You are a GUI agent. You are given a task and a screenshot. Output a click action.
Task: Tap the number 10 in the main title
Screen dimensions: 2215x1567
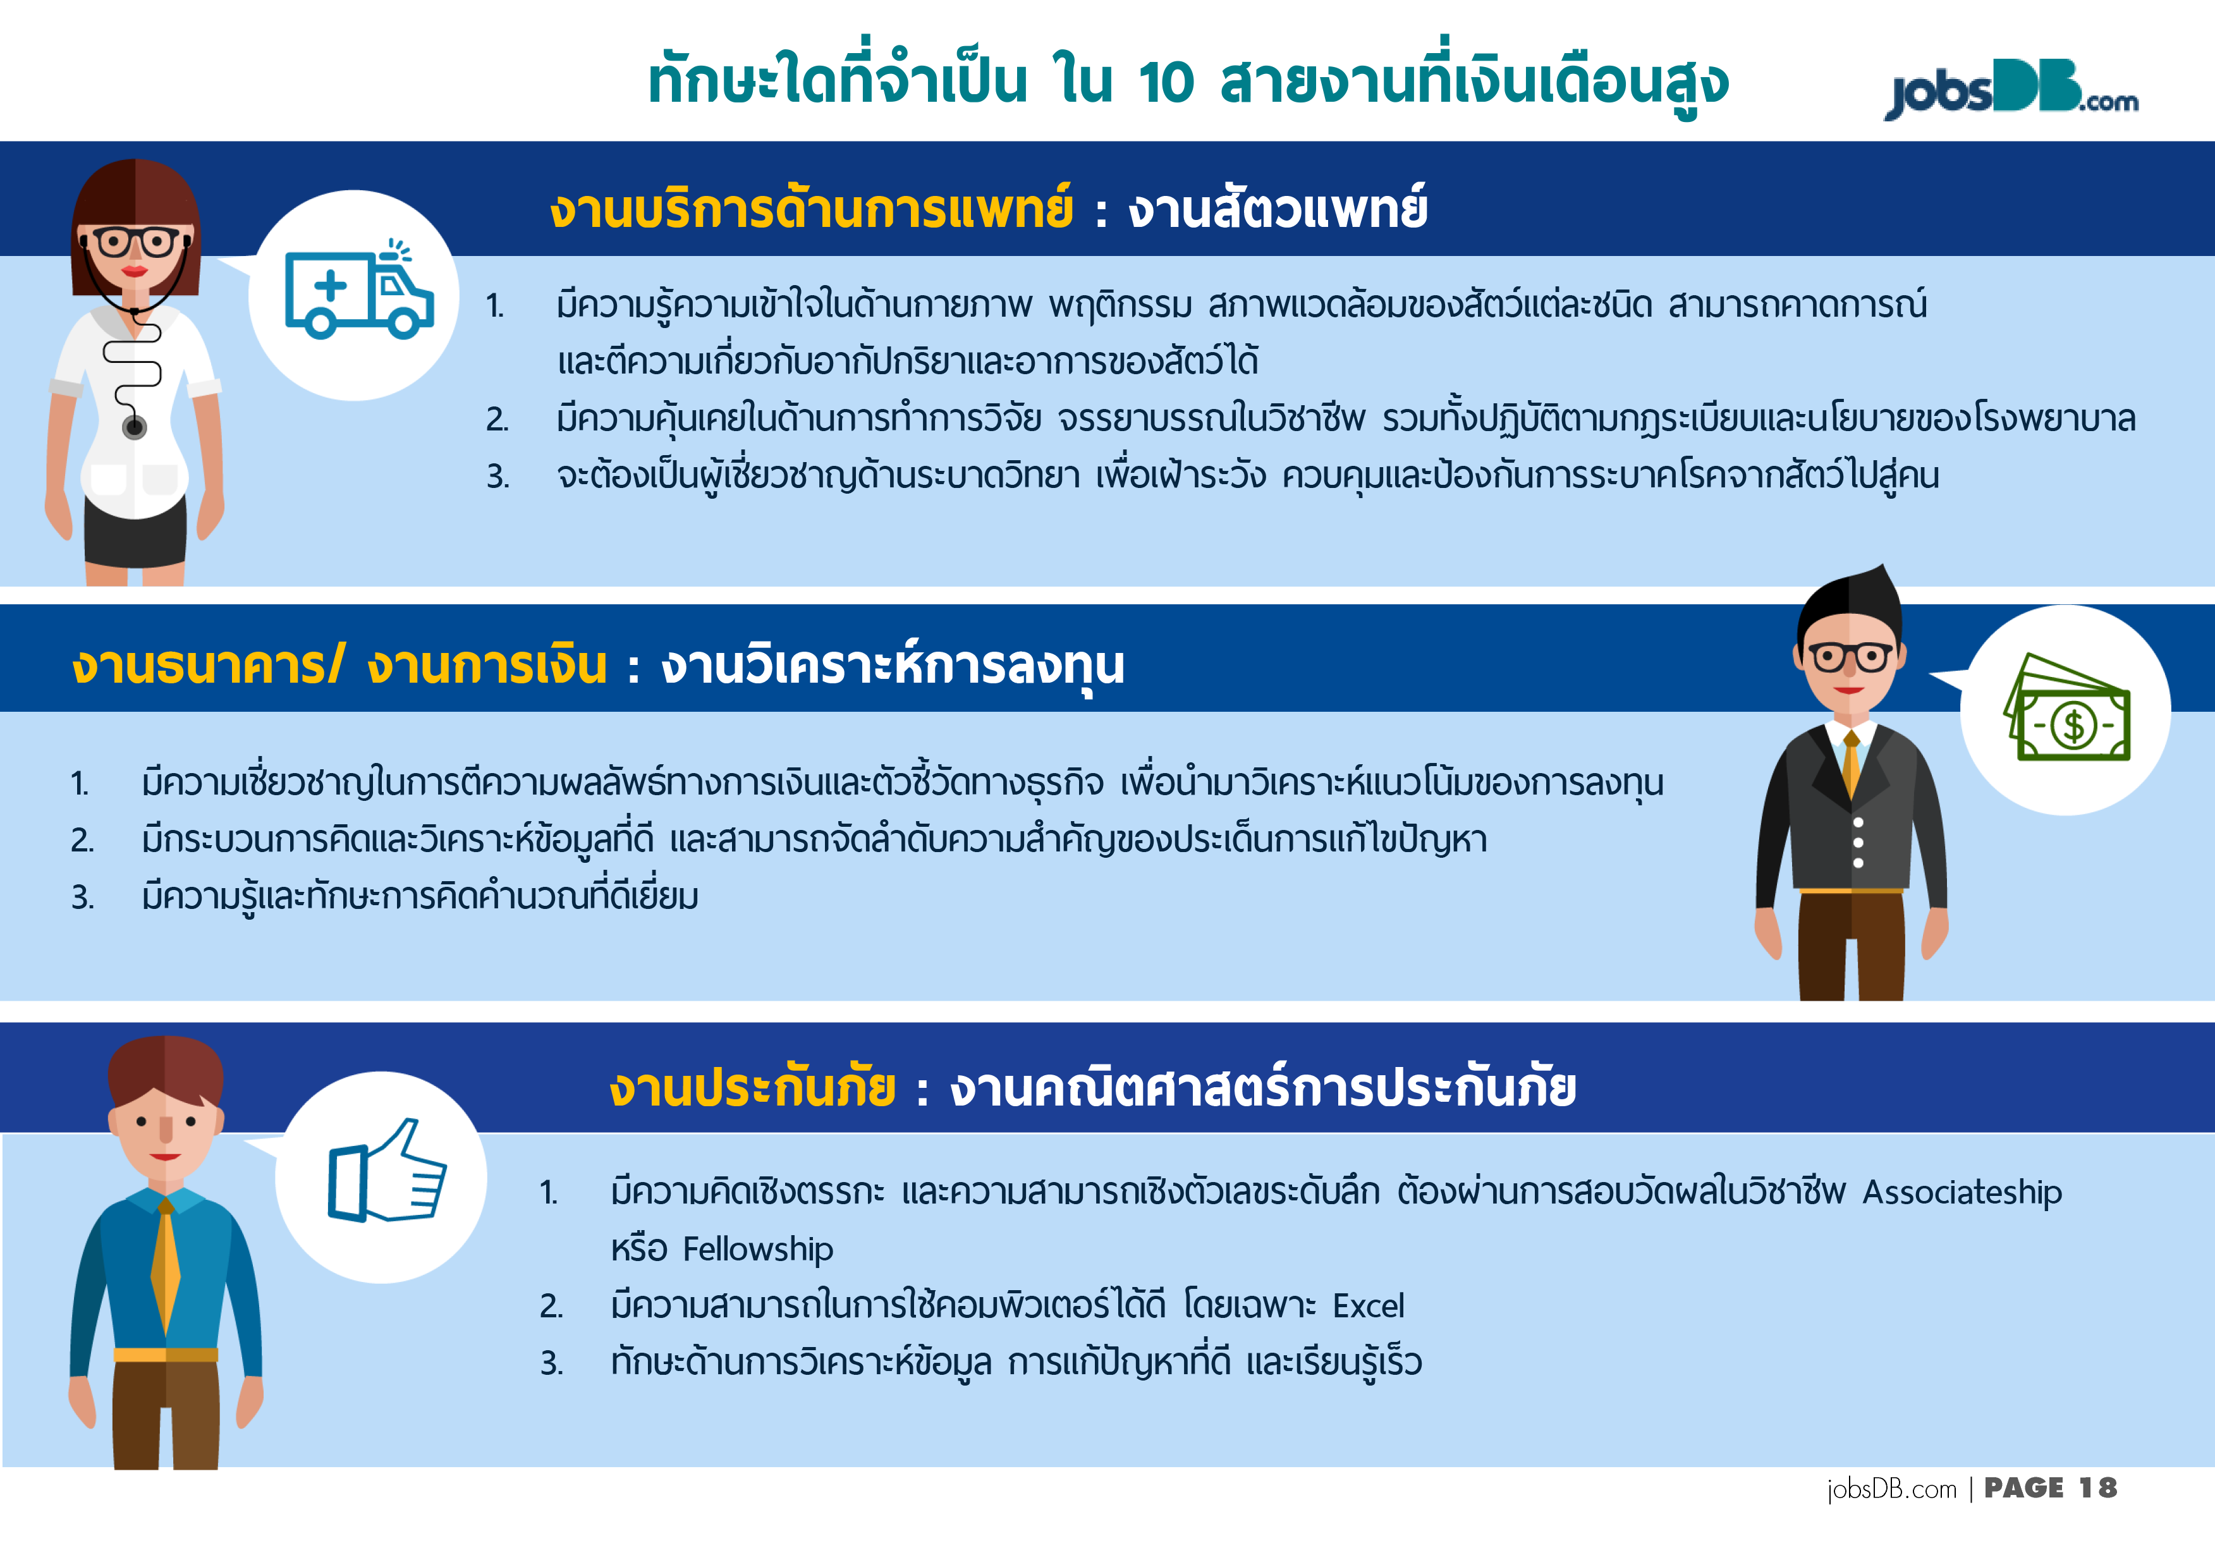1166,82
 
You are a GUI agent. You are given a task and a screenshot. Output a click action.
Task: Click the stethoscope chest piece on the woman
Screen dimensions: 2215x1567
134,427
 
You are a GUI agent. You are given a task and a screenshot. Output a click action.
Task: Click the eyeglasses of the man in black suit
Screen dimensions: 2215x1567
1850,657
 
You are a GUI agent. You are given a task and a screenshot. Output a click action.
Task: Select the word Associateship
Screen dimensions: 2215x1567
1962,1193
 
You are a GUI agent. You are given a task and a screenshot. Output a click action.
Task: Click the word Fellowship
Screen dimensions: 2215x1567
757,1250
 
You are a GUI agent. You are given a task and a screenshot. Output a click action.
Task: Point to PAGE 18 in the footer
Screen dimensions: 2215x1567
2050,1488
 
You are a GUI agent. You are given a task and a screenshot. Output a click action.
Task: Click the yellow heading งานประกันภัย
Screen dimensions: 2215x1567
752,1087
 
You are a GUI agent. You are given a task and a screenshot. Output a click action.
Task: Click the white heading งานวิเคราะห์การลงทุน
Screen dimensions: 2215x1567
893,666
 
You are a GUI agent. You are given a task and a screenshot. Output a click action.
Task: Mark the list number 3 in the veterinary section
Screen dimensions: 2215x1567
497,476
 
